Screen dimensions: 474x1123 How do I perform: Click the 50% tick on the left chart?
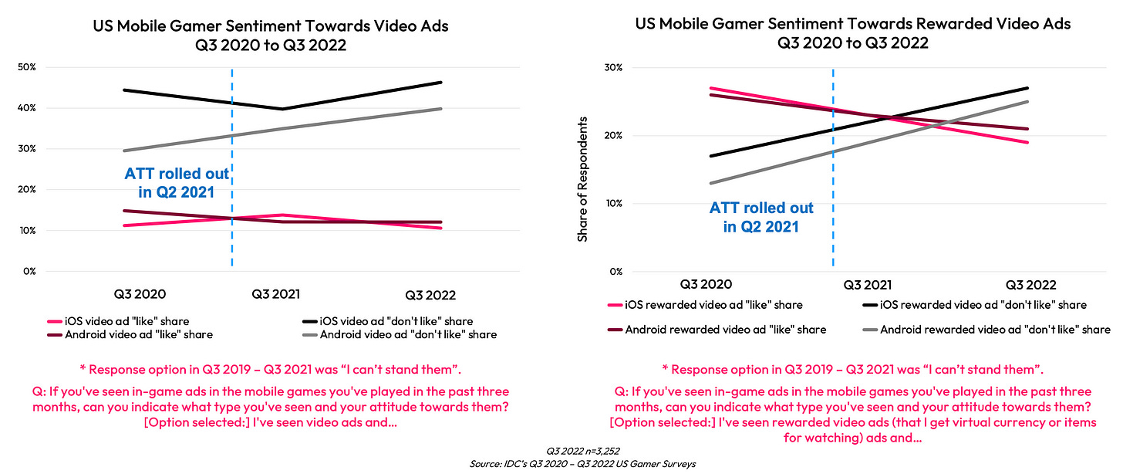27,67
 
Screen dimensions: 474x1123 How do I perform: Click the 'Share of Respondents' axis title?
582,179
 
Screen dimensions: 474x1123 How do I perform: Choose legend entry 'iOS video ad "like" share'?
127,321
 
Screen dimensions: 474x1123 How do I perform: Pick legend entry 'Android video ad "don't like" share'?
408,334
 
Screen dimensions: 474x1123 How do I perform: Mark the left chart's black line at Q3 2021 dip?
282,109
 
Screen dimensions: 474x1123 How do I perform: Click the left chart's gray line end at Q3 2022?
441,109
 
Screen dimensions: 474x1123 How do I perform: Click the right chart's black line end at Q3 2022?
1028,88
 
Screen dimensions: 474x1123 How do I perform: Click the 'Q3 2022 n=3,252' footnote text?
561,452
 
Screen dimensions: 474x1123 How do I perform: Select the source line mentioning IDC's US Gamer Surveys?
561,463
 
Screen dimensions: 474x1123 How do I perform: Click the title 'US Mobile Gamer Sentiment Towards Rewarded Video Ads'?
853,25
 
